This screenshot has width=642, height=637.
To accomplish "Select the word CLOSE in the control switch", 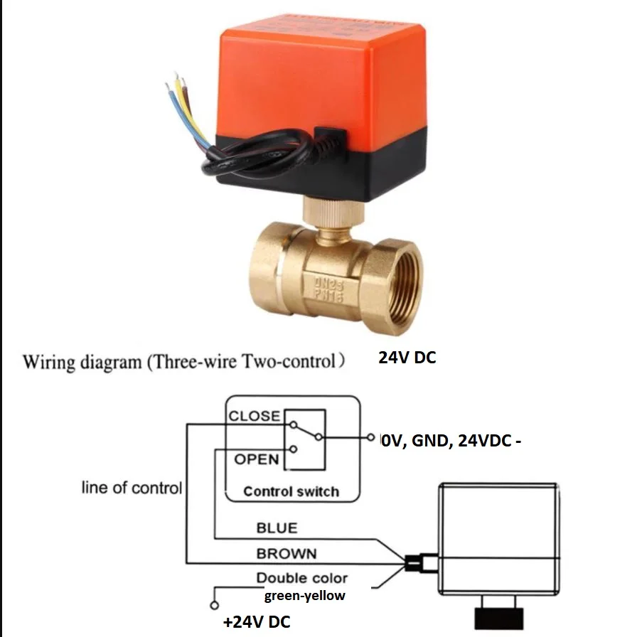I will point(255,417).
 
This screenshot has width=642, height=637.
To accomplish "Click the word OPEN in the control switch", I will point(257,459).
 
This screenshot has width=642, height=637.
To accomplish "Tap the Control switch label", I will point(291,491).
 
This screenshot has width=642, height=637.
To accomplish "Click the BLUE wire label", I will point(277,528).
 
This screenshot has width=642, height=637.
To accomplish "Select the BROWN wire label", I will point(287,553).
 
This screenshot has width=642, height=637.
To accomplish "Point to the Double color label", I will point(302,578).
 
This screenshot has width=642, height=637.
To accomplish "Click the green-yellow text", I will point(304,596).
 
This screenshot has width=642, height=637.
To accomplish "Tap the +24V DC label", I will point(257,622).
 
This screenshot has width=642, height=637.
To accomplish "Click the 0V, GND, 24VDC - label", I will point(451,441).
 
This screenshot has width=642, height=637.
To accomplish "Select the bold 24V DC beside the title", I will point(407,358).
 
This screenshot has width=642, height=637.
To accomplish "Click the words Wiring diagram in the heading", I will point(82,362).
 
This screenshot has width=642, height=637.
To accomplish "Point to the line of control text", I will point(132,488).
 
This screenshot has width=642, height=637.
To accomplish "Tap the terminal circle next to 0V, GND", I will point(370,437).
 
